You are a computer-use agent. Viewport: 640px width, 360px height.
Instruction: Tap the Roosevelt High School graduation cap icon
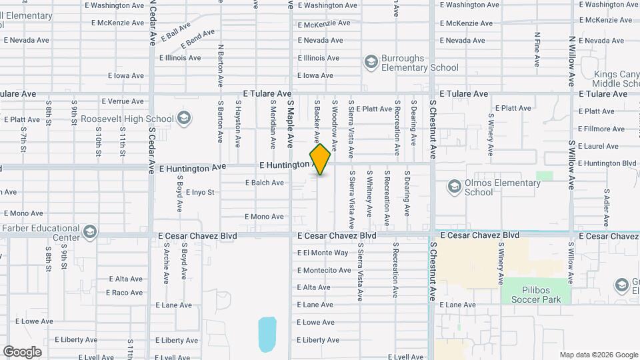tap(185, 119)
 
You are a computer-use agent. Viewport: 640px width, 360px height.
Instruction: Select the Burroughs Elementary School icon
tap(371, 62)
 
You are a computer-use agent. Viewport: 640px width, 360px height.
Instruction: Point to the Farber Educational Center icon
tap(90, 233)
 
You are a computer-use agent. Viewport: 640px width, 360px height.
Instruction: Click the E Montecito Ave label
tap(324, 270)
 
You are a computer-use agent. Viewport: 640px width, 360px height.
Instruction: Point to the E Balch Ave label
tap(265, 182)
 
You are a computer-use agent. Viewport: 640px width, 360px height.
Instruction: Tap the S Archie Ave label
tap(167, 263)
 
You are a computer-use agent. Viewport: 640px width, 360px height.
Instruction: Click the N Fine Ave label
tap(537, 49)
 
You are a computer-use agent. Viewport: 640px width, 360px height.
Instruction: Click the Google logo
tap(22, 351)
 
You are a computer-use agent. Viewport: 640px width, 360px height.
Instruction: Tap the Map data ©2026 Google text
tap(598, 355)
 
